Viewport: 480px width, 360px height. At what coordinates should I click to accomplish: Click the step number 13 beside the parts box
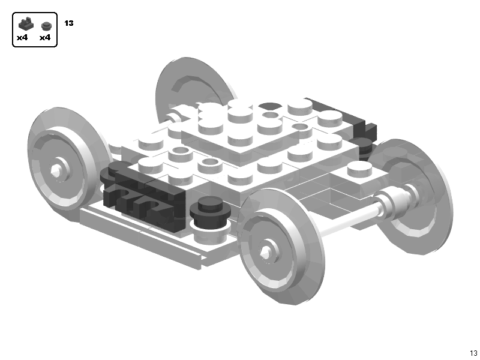click(69, 23)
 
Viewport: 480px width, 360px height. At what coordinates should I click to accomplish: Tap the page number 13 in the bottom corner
click(473, 353)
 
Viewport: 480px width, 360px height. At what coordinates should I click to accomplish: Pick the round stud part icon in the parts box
click(46, 26)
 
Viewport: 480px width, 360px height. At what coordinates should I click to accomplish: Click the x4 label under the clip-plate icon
click(23, 38)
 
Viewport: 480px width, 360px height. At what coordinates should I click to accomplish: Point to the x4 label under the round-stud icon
click(45, 38)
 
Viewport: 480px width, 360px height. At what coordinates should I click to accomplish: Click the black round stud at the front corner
click(211, 208)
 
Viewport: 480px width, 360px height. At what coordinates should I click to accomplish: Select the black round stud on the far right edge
click(361, 144)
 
